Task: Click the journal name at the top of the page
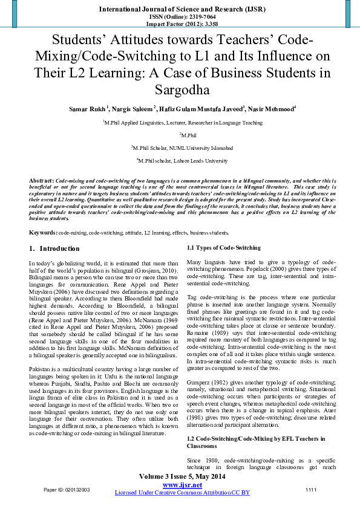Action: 180,10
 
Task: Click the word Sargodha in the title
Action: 180,91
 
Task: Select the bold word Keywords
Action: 43,233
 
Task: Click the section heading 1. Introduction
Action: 54,248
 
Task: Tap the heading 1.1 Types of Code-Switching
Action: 215,248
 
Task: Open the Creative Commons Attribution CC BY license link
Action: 182,493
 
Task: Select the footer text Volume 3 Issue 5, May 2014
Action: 180,477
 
